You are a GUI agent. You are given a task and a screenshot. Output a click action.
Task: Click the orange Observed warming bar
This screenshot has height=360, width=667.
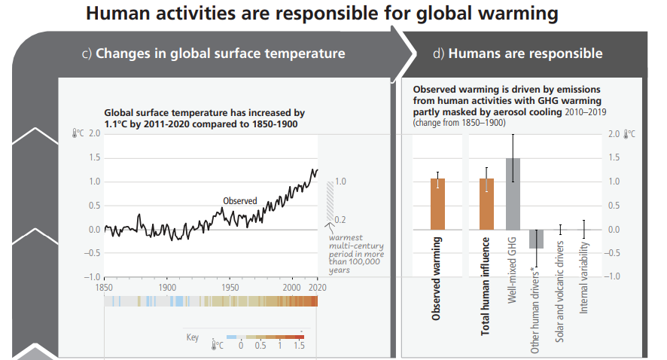coord(437,204)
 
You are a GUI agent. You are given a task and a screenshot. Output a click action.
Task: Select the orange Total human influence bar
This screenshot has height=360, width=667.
coord(487,204)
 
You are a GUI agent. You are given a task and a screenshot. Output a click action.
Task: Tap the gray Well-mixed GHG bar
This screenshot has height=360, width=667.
coord(513,194)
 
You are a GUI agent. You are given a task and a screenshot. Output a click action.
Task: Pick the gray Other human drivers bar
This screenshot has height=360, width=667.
coord(537,239)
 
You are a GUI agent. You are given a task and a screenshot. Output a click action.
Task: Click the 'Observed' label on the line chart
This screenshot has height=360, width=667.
coord(240,201)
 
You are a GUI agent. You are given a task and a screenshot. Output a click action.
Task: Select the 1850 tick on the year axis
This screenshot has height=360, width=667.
coord(105,288)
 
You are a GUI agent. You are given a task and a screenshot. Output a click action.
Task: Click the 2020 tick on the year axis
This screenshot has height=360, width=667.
coord(317,288)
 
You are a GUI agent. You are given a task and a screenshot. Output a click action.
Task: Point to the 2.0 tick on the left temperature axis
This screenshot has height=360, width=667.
coord(94,133)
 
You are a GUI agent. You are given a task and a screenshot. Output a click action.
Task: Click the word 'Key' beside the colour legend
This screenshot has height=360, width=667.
coord(193,337)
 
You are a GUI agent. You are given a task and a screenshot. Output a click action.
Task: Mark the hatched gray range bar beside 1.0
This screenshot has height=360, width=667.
coord(329,201)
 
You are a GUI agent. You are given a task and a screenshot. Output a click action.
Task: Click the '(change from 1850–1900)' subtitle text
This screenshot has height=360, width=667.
coord(459,122)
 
